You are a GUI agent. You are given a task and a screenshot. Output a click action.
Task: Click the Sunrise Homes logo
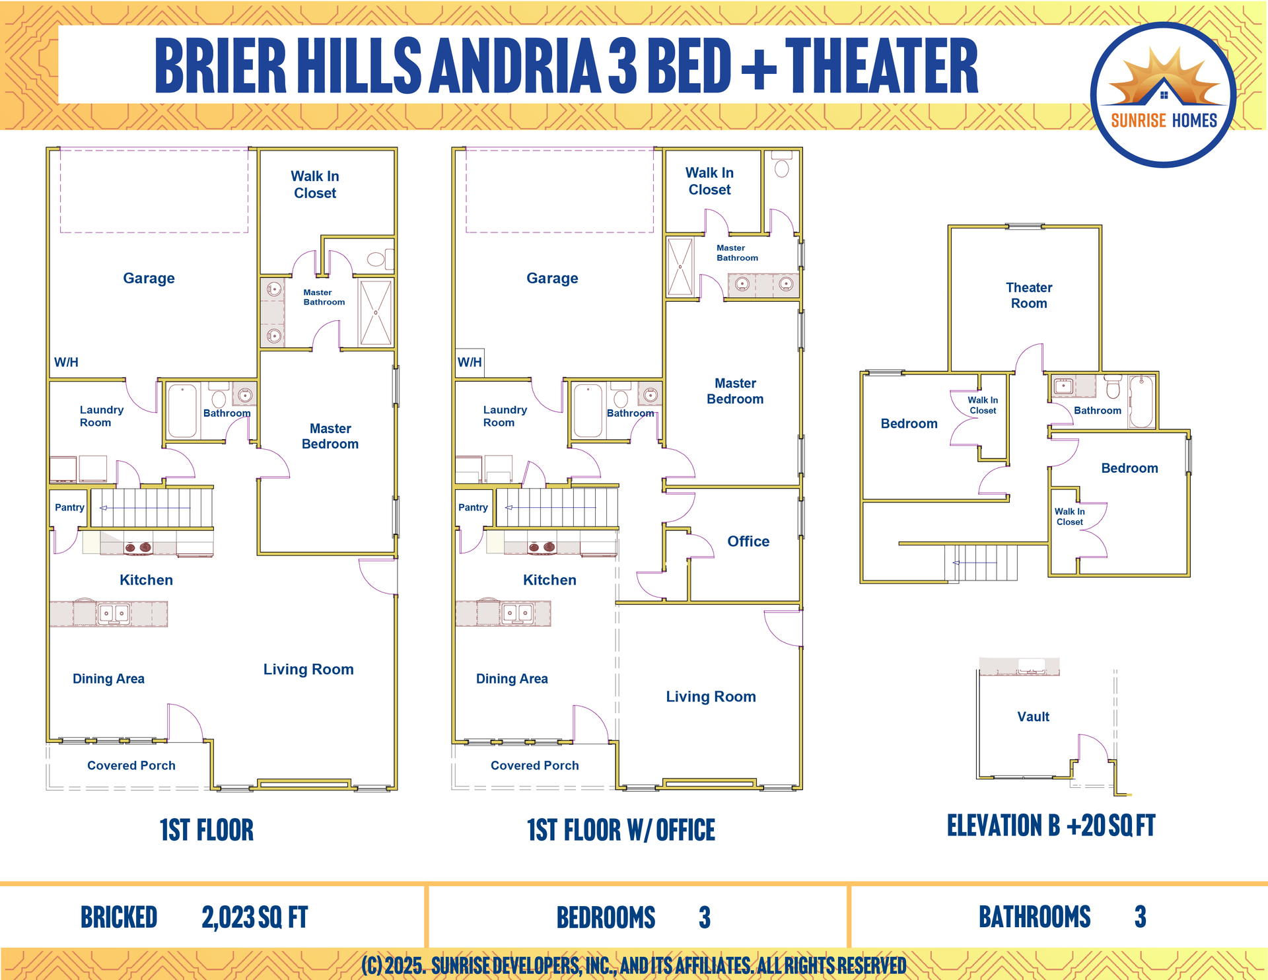pyautogui.click(x=1163, y=94)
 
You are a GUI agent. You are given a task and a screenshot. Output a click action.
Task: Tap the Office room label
pyautogui.click(x=748, y=542)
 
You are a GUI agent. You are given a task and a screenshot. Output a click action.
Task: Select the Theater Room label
pyautogui.click(x=1029, y=295)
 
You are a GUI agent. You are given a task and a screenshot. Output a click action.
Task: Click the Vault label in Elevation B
pyautogui.click(x=1033, y=717)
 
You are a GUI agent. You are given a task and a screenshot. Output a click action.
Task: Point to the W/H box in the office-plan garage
pyautogui.click(x=470, y=363)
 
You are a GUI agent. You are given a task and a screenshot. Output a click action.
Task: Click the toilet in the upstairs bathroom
pyautogui.click(x=1113, y=387)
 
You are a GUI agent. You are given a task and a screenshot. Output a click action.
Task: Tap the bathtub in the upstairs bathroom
pyautogui.click(x=1141, y=402)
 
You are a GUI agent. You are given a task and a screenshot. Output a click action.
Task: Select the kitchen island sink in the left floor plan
pyautogui.click(x=113, y=613)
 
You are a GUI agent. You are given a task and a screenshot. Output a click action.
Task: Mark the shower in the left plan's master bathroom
pyautogui.click(x=376, y=312)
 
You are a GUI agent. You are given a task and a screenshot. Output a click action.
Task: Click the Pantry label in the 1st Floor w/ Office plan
pyautogui.click(x=473, y=507)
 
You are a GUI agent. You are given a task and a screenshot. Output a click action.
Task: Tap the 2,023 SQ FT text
pyautogui.click(x=255, y=917)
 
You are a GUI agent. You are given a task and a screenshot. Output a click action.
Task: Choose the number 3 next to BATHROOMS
pyautogui.click(x=1140, y=917)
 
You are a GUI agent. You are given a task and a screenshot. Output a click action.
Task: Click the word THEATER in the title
pyautogui.click(x=882, y=65)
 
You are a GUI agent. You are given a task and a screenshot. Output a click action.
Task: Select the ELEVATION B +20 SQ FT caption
pyautogui.click(x=1051, y=825)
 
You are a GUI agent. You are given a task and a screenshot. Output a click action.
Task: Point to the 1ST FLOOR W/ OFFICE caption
pyautogui.click(x=621, y=830)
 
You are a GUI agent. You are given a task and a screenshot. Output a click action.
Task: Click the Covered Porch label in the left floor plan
pyautogui.click(x=131, y=765)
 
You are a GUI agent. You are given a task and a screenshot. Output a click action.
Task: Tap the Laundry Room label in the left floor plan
pyautogui.click(x=101, y=416)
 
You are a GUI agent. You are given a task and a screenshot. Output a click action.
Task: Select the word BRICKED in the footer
pyautogui.click(x=119, y=917)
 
